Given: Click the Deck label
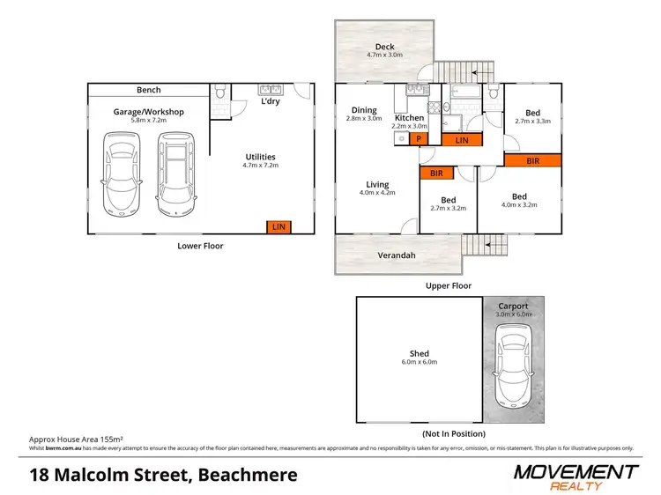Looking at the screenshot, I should pyautogui.click(x=384, y=47).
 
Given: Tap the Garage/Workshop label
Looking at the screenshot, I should pyautogui.click(x=148, y=112).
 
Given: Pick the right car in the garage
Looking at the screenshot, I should pyautogui.click(x=175, y=173).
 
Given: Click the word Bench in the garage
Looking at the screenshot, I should pyautogui.click(x=148, y=90).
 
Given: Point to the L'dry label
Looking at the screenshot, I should pyautogui.click(x=270, y=102).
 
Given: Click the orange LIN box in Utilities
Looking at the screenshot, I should pyautogui.click(x=279, y=227).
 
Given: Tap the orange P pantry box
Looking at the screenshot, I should pyautogui.click(x=419, y=139).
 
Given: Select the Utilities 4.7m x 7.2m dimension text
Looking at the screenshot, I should pyautogui.click(x=260, y=165).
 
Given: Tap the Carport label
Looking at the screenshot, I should pyautogui.click(x=512, y=307).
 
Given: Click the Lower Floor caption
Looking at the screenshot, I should pyautogui.click(x=201, y=246).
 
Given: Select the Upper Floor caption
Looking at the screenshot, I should pyautogui.click(x=449, y=285).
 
